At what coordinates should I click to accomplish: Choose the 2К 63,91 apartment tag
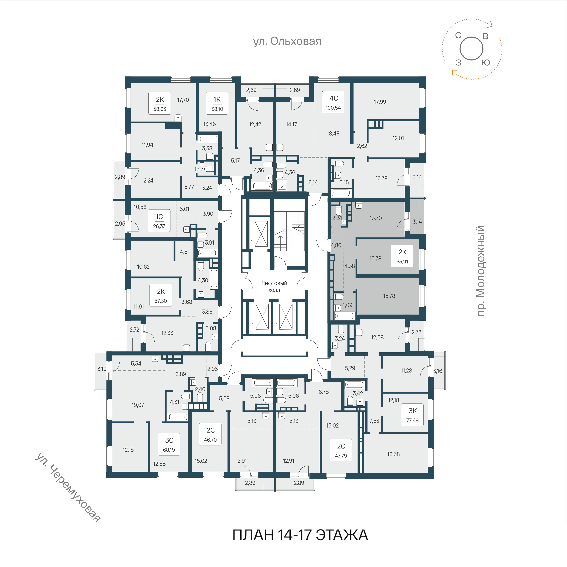(x=402, y=256)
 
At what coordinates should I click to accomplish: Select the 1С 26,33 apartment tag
(x=159, y=221)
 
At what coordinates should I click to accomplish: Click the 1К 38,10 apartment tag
(x=217, y=103)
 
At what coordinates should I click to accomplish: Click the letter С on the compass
(x=458, y=35)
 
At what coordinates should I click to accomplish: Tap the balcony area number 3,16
(x=438, y=371)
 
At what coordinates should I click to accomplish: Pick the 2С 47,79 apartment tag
(x=341, y=450)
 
